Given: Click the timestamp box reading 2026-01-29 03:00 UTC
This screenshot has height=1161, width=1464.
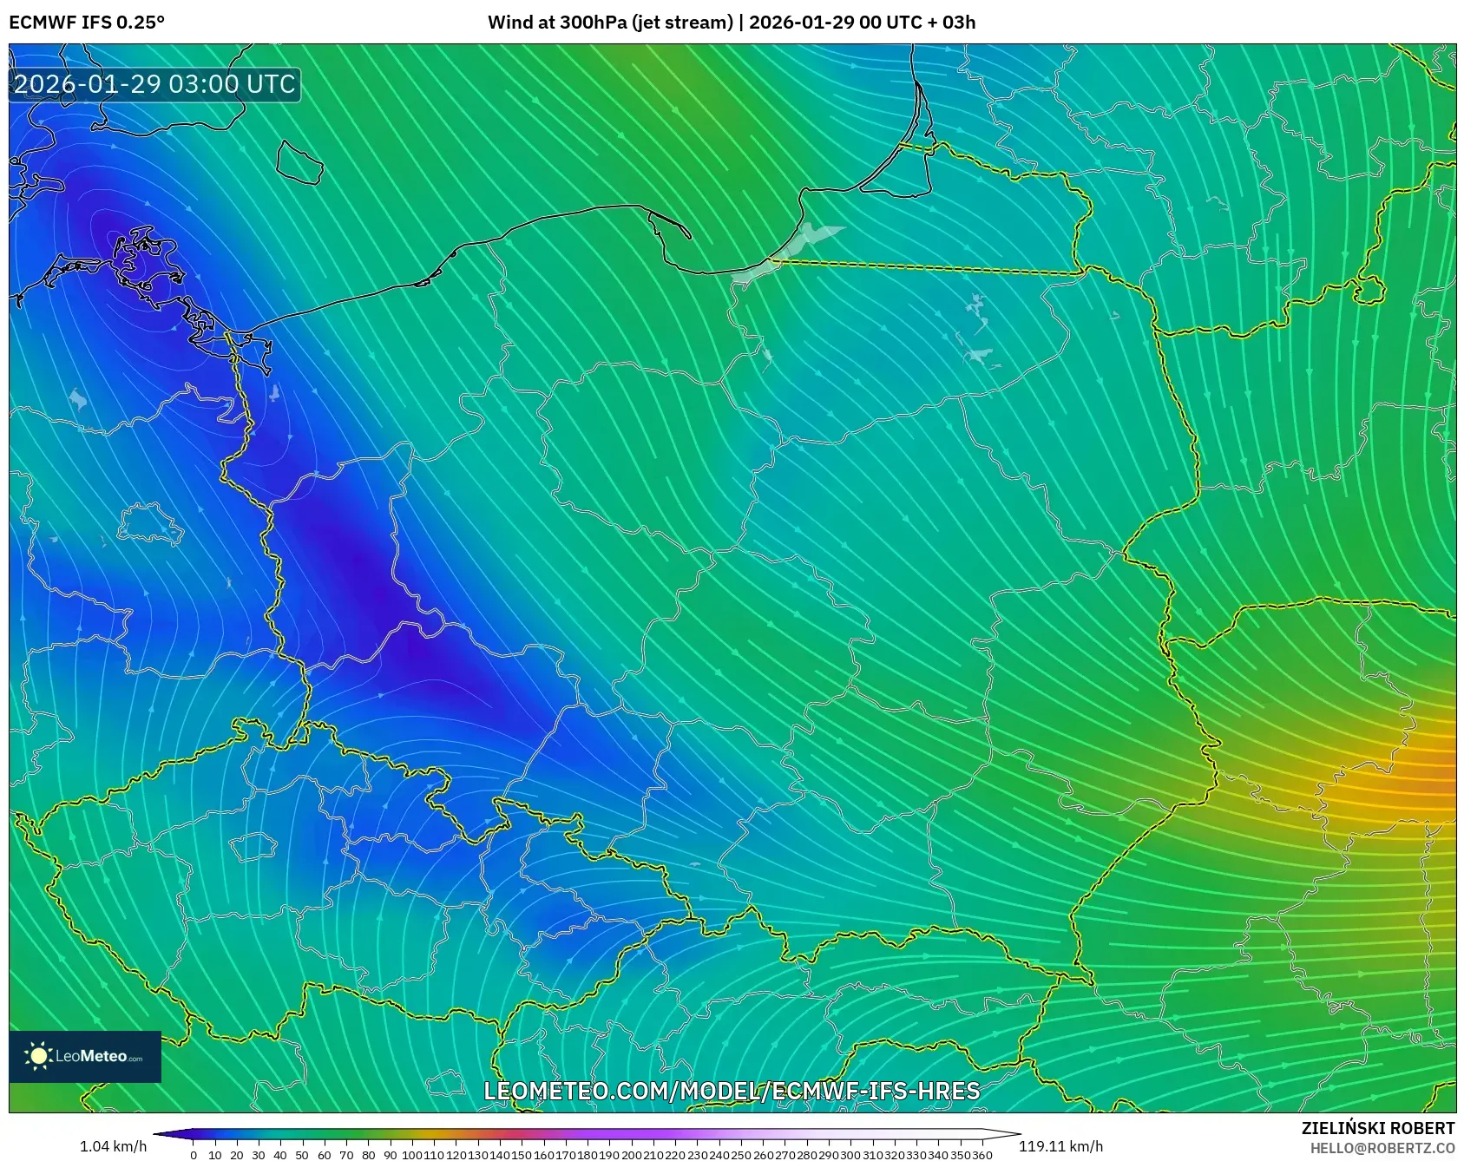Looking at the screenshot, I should coord(154,84).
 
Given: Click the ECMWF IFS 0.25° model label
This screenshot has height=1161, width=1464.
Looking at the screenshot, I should coord(86,23).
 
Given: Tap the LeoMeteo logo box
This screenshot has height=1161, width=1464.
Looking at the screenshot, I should coord(85,1056).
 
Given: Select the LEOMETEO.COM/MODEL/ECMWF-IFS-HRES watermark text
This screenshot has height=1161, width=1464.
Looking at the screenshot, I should coord(732,1091).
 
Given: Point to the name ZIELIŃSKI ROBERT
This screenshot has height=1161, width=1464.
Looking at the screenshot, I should coord(1377,1128).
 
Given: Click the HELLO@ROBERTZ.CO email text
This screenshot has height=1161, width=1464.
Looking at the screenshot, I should coord(1382,1148).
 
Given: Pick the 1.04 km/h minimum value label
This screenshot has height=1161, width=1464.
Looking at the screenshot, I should coord(113,1146).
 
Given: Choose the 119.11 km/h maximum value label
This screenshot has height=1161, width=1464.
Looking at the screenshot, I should coord(1060,1146).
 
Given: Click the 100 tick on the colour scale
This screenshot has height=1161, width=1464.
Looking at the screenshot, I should coord(411,1155).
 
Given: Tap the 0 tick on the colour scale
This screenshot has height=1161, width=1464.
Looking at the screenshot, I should coord(193,1155).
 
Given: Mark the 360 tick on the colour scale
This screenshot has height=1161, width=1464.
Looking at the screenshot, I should coord(981,1155).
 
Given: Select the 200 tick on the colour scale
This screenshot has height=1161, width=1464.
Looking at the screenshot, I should coord(631,1155).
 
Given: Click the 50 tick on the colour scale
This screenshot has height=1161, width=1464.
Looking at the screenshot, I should coord(302,1155).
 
